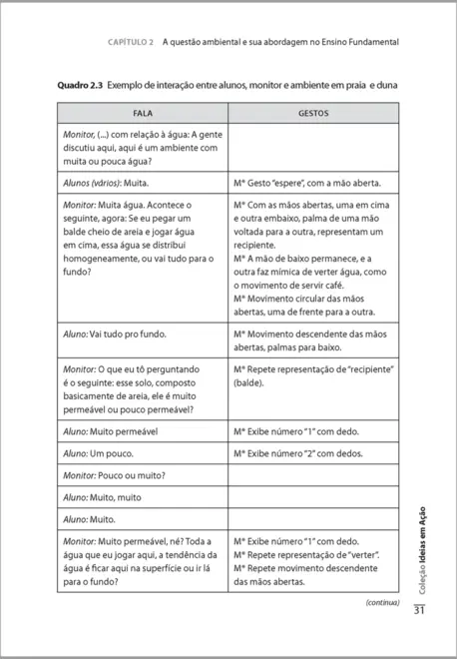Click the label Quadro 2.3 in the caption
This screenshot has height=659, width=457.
pyautogui.click(x=79, y=86)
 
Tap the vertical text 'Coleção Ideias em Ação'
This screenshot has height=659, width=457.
pyautogui.click(x=425, y=544)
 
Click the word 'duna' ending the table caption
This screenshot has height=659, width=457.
pyautogui.click(x=383, y=86)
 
